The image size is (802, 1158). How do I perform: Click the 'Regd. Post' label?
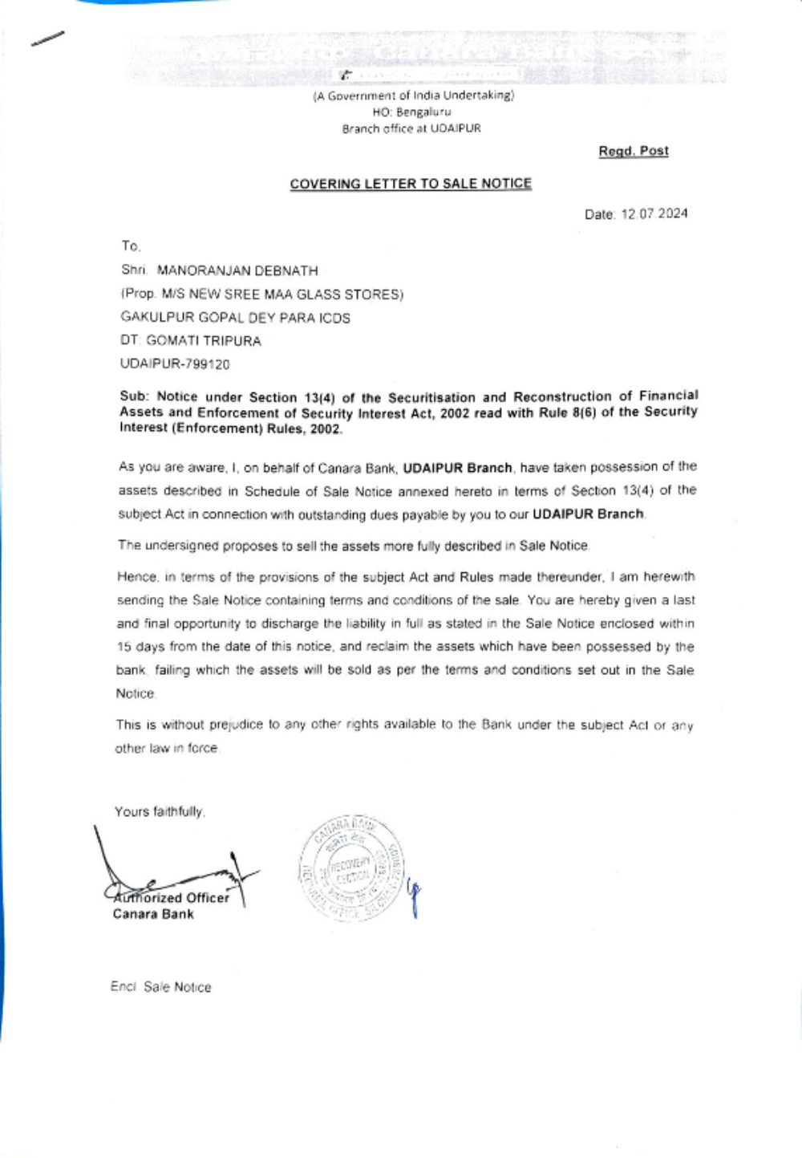[633, 151]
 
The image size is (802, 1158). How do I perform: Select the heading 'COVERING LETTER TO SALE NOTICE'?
[411, 184]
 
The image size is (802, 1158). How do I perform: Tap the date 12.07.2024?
[654, 214]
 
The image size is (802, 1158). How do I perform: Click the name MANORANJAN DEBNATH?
[237, 271]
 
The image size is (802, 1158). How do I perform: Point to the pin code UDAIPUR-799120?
[175, 364]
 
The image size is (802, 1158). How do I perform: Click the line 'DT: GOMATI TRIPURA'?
[191, 341]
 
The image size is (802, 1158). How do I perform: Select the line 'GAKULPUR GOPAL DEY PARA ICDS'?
[235, 318]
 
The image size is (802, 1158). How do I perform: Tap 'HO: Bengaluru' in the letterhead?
[411, 112]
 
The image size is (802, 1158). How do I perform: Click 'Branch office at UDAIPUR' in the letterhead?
[411, 128]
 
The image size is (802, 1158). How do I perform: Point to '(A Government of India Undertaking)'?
[413, 95]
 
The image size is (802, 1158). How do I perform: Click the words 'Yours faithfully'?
[160, 811]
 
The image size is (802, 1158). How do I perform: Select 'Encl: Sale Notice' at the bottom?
[161, 987]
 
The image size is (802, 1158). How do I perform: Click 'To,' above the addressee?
[131, 246]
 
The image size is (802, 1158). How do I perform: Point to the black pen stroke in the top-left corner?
[47, 38]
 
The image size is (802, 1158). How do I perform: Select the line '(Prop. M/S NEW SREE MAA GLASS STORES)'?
[261, 295]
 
